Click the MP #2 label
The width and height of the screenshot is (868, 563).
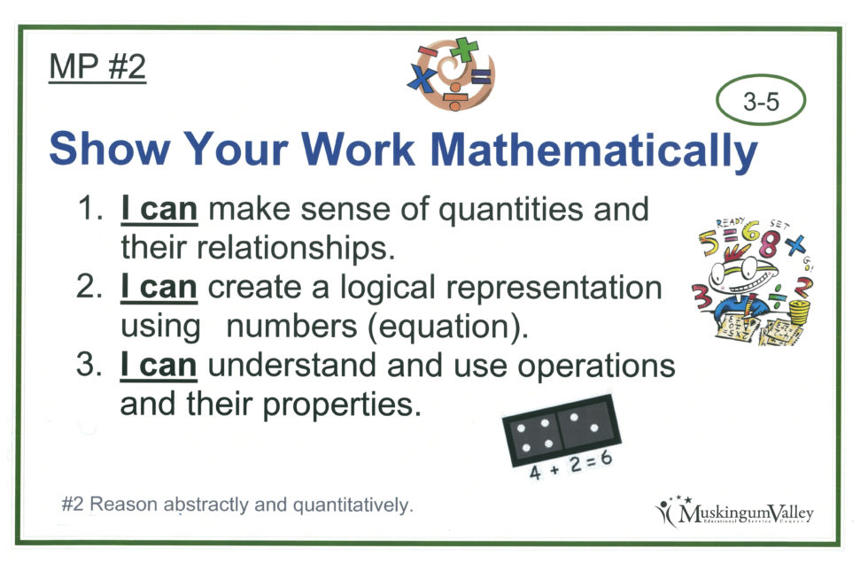tap(97, 67)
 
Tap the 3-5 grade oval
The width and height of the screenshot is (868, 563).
tap(761, 102)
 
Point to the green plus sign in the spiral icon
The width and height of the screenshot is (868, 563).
tap(463, 49)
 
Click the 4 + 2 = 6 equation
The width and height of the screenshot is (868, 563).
tap(570, 466)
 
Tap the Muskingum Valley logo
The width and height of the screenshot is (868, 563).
tap(734, 511)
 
